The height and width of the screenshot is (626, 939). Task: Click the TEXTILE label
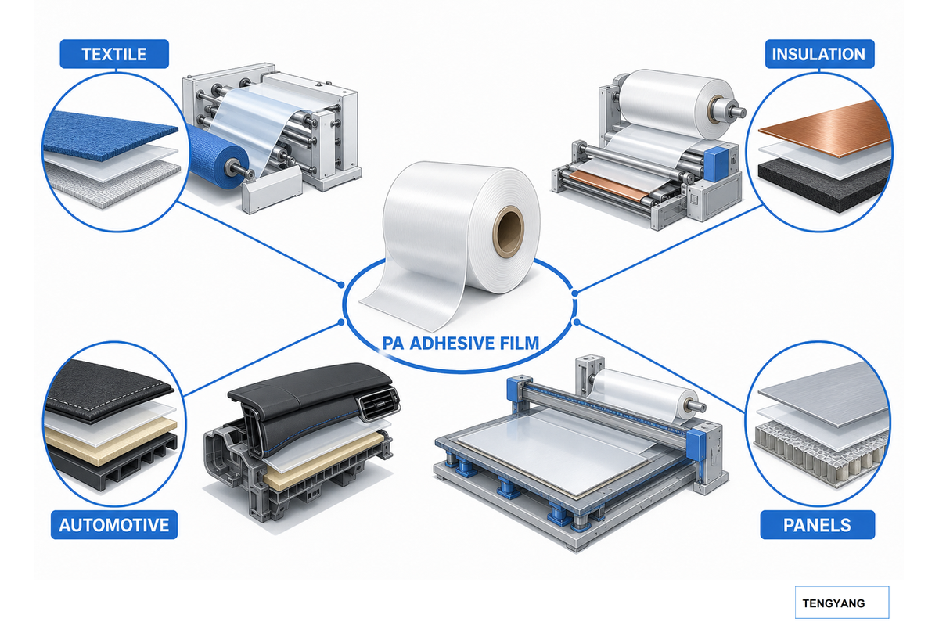[114, 54]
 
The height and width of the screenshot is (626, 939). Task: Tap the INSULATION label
[819, 54]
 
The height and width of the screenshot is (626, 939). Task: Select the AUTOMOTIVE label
[114, 524]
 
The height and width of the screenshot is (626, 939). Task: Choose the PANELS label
[818, 524]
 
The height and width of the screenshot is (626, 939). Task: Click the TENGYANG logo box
[842, 603]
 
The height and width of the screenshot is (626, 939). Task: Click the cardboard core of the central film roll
[509, 231]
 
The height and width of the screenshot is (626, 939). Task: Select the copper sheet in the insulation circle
[825, 128]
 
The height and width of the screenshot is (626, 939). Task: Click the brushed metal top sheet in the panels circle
[823, 394]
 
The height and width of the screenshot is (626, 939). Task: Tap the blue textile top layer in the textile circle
[110, 131]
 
